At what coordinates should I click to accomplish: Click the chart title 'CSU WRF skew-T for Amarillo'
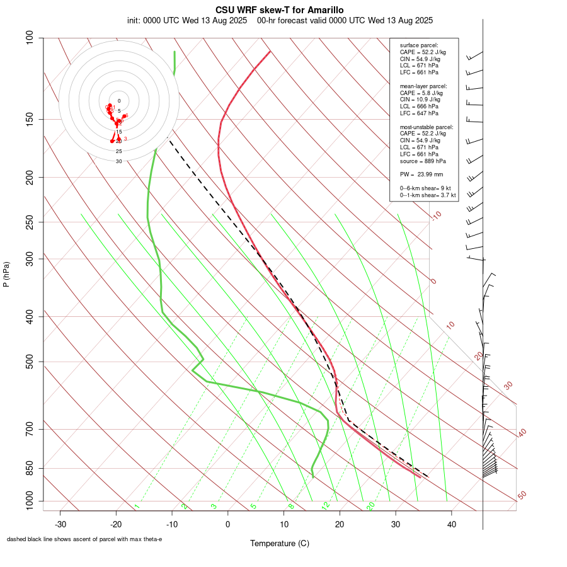pyautogui.click(x=279, y=9)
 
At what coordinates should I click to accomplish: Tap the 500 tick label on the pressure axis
pyautogui.click(x=31, y=362)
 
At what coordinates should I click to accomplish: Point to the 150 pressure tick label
pyautogui.click(x=31, y=119)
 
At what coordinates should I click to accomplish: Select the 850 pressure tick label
pyautogui.click(x=31, y=468)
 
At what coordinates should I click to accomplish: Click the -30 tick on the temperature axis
pyautogui.click(x=60, y=524)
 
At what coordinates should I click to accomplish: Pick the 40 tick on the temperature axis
pyautogui.click(x=451, y=524)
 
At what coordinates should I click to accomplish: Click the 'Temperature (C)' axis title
pyautogui.click(x=279, y=543)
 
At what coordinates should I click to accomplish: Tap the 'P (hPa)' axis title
pyautogui.click(x=6, y=274)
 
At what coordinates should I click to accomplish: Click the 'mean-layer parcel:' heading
pyautogui.click(x=423, y=86)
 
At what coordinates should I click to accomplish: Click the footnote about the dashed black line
pyautogui.click(x=84, y=539)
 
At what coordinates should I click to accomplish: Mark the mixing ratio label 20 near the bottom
pyautogui.click(x=370, y=506)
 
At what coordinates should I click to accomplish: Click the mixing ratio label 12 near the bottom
pyautogui.click(x=325, y=506)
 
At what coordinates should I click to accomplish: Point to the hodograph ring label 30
pyautogui.click(x=118, y=161)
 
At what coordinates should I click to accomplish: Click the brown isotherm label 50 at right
pyautogui.click(x=522, y=496)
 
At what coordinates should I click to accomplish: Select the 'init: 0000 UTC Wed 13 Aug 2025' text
pyautogui.click(x=187, y=20)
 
